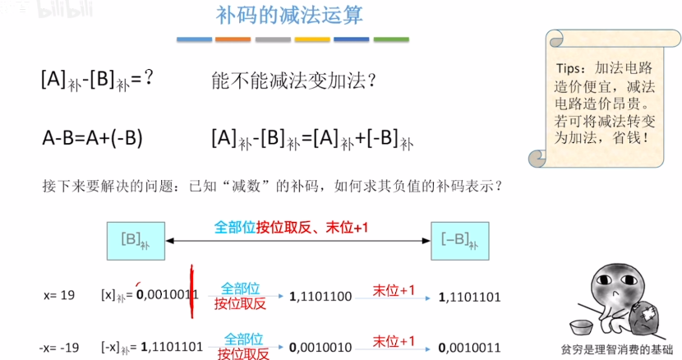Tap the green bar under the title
click(391, 39)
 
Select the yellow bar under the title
click(312, 39)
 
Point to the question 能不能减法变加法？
click(293, 81)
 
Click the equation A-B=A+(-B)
click(93, 137)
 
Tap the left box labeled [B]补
click(136, 240)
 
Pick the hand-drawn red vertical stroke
click(191, 291)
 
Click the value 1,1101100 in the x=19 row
click(321, 296)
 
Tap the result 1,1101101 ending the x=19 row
click(470, 296)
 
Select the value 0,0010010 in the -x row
click(321, 347)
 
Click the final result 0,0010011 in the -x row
click(470, 347)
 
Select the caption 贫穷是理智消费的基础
click(615, 348)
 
